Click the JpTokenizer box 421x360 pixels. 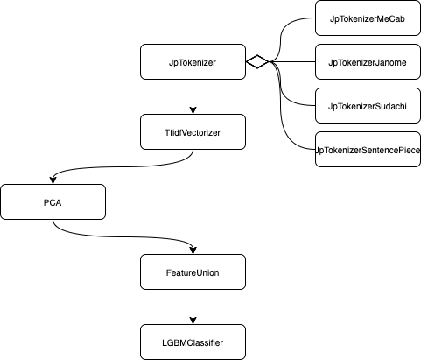pos(193,62)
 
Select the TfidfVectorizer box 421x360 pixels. pos(193,132)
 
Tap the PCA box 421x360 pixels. pos(53,201)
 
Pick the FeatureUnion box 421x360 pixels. pos(193,272)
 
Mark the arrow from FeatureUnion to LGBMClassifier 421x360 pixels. pos(193,306)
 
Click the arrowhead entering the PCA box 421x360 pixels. pos(53,180)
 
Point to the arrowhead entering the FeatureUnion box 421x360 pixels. pos(193,250)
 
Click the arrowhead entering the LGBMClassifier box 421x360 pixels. pos(193,320)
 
